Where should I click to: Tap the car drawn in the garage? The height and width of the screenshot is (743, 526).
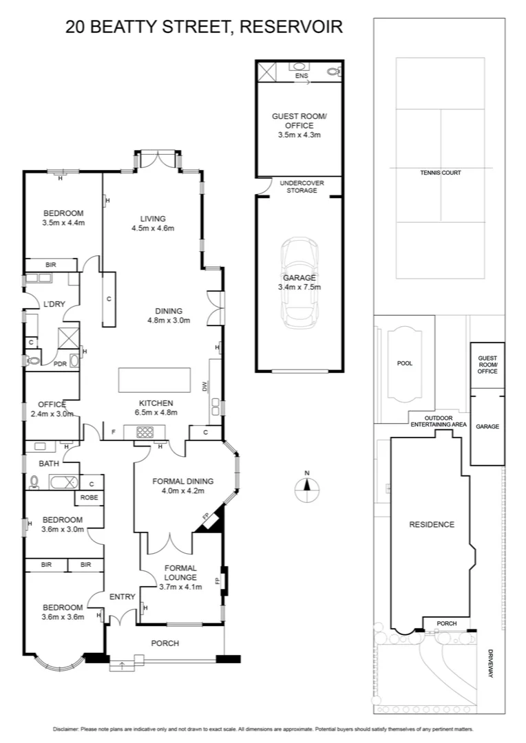click(x=298, y=283)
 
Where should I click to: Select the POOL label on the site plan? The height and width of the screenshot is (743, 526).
click(x=405, y=363)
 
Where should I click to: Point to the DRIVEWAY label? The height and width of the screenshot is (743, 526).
click(x=491, y=663)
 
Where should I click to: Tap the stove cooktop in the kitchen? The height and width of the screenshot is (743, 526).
click(x=145, y=433)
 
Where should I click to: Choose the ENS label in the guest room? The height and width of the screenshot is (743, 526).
click(x=300, y=76)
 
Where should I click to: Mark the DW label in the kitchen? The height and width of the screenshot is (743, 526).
click(x=204, y=387)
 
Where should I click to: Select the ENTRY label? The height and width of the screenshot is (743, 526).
click(x=121, y=597)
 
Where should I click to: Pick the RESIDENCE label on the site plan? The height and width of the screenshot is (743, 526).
click(x=432, y=524)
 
